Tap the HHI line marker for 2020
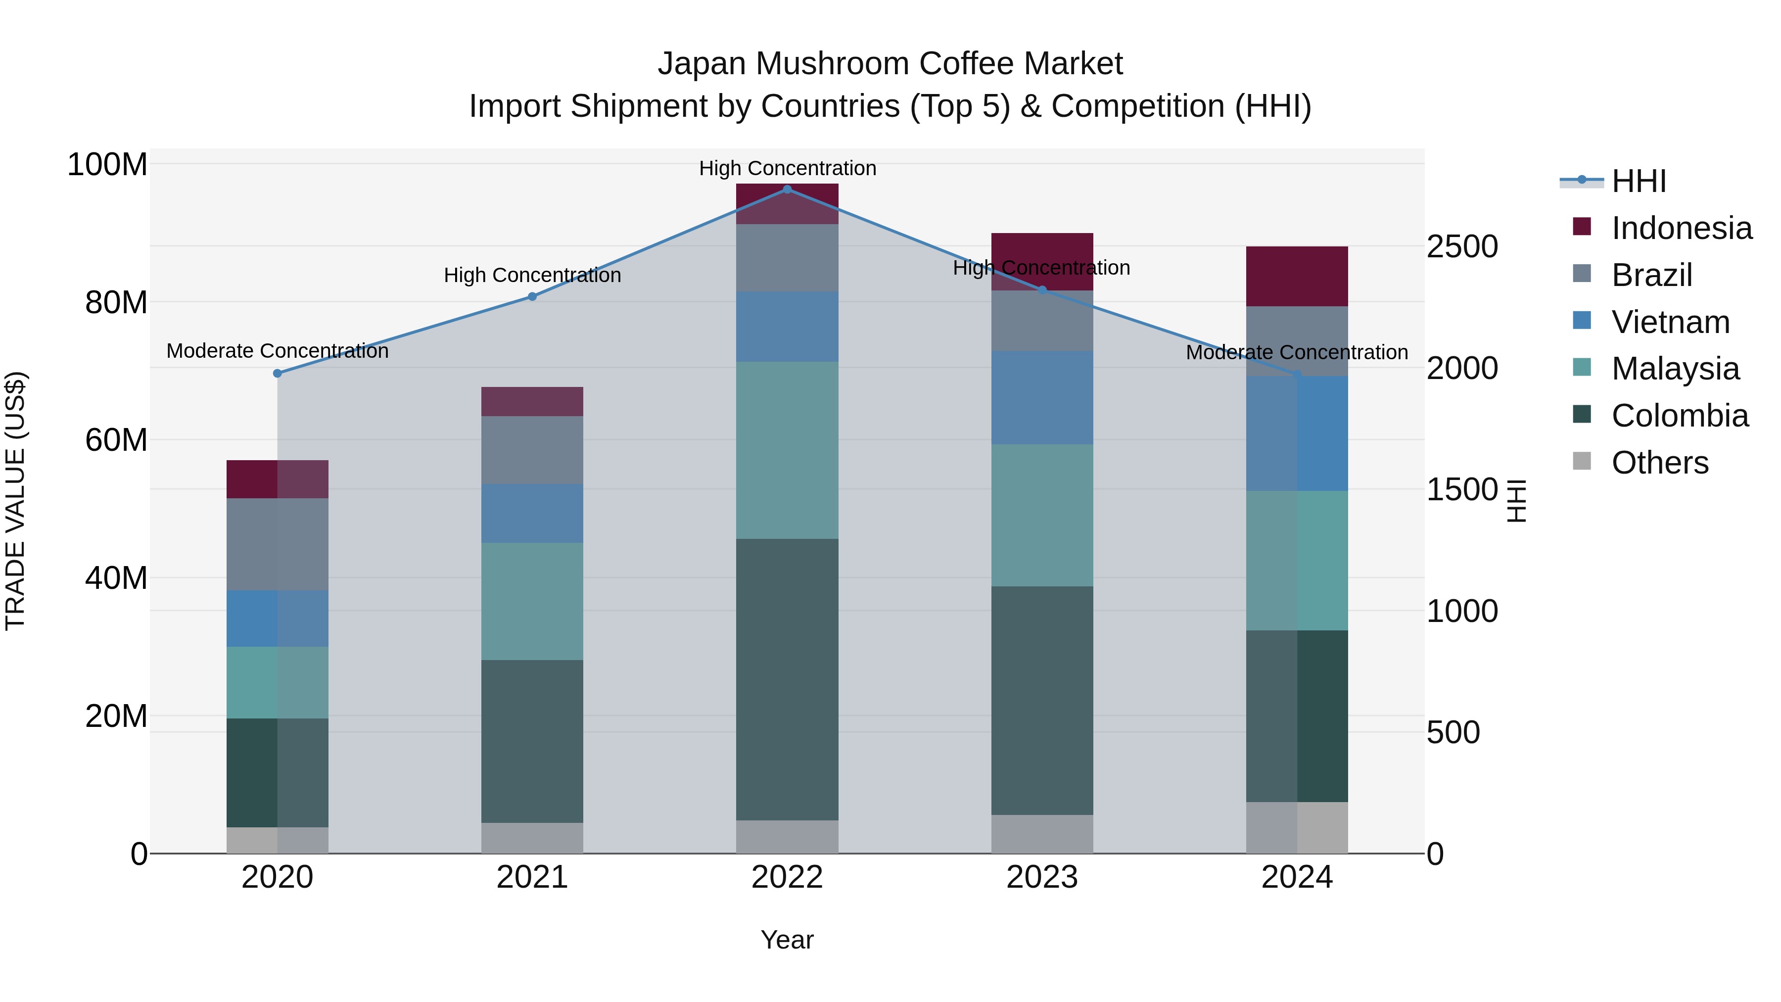click(277, 374)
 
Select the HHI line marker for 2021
click(532, 297)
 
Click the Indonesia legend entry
click(1682, 228)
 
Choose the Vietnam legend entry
click(1670, 322)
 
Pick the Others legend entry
click(1659, 463)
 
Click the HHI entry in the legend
click(1639, 181)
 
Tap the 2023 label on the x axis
click(1042, 877)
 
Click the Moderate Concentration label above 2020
click(277, 351)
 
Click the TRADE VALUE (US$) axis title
click(15, 501)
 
